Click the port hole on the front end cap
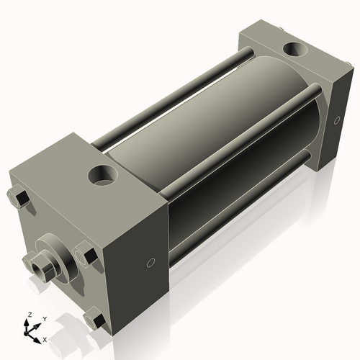[103, 174]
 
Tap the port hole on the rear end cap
[294, 50]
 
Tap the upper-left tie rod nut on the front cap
[18, 196]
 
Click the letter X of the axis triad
[45, 338]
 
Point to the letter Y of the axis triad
[44, 318]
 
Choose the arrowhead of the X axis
[37, 336]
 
